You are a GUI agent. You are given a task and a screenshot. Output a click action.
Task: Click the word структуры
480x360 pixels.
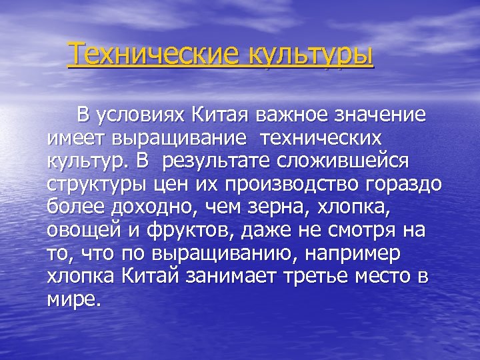click(x=94, y=184)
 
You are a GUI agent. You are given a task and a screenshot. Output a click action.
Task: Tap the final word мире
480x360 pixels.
click(x=74, y=298)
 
